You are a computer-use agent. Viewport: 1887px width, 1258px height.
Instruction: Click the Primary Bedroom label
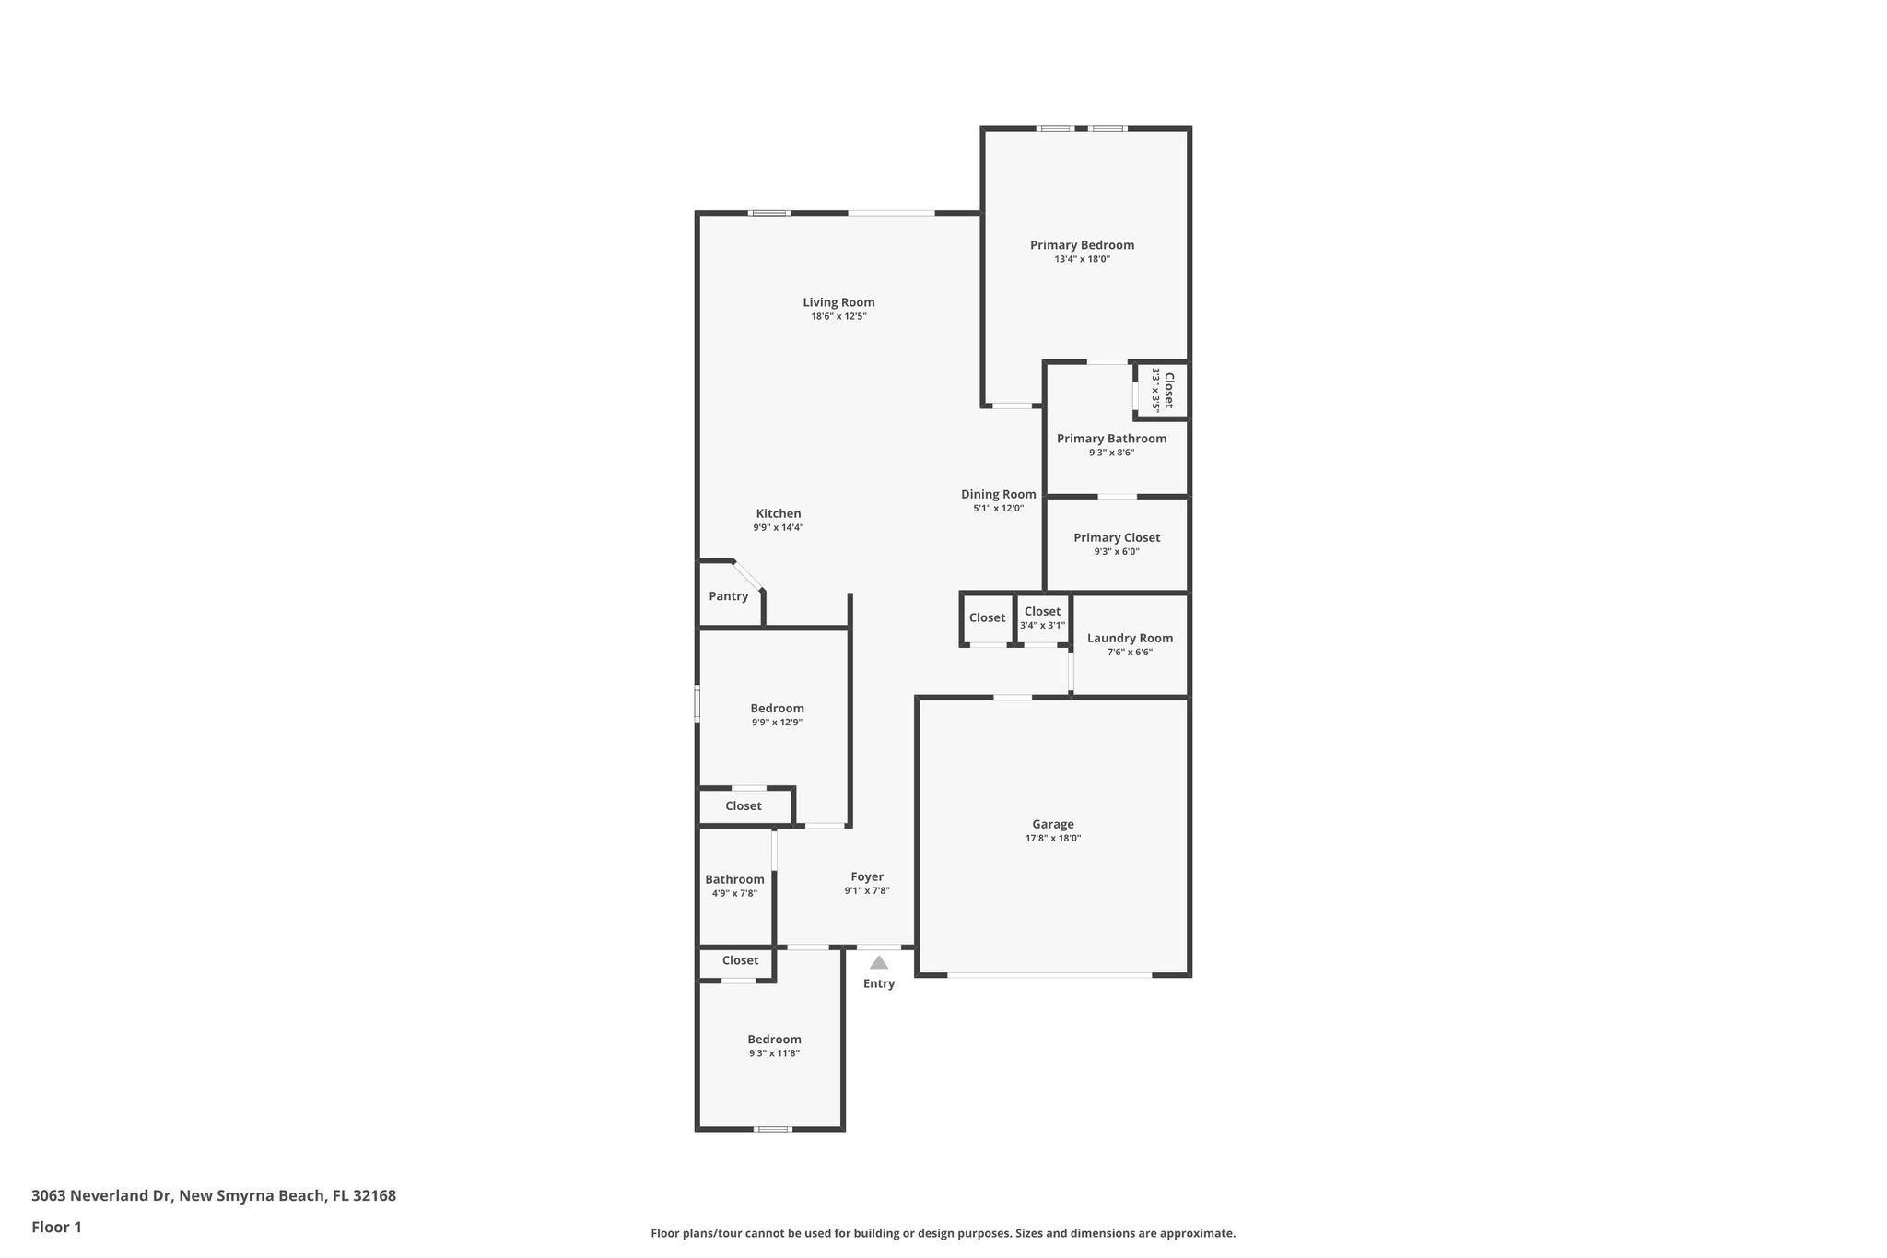point(1082,245)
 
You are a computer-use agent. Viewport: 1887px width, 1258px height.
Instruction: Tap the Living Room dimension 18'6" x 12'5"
point(838,317)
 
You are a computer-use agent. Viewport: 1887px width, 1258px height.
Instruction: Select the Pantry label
point(728,596)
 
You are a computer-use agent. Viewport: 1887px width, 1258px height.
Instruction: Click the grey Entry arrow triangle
point(879,962)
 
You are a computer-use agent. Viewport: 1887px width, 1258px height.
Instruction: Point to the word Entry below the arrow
point(879,983)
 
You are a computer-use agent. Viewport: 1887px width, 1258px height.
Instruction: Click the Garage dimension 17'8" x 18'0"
point(1052,839)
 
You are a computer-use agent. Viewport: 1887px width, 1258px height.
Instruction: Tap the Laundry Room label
point(1130,638)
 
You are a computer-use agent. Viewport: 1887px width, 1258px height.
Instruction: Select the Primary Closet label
point(1117,538)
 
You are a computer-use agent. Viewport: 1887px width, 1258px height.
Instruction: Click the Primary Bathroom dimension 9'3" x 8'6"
point(1111,453)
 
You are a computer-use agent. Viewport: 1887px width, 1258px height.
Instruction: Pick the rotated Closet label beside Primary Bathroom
point(1168,390)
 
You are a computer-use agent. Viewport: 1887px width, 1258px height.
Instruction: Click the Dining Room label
point(998,495)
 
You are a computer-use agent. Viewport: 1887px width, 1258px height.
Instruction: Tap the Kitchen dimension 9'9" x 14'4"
point(779,528)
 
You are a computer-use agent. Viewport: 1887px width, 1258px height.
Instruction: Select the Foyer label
point(867,877)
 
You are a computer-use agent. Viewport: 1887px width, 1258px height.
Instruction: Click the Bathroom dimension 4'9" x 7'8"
point(734,893)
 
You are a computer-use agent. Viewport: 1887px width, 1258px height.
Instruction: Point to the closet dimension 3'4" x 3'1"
point(1042,626)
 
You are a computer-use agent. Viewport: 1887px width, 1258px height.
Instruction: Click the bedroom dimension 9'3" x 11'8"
point(774,1053)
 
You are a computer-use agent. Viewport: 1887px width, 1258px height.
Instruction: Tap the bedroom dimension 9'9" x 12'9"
point(777,723)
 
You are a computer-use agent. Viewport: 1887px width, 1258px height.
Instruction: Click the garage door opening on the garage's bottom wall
point(1049,974)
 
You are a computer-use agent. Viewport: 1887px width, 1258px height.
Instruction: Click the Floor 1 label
point(56,1228)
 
